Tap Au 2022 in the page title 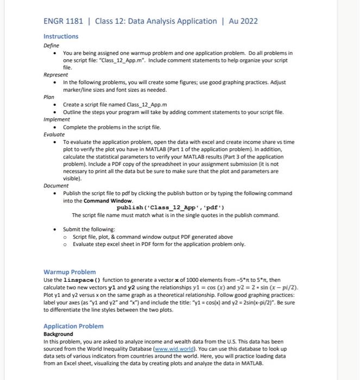click(241, 21)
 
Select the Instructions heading click(61, 36)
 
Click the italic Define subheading click(52, 46)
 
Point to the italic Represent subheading click(56, 75)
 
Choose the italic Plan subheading click(49, 97)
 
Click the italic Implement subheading click(57, 119)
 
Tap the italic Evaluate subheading click(54, 134)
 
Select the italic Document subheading click(56, 186)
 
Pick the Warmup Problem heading click(70, 271)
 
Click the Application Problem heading click(73, 326)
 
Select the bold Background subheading click(58, 334)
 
